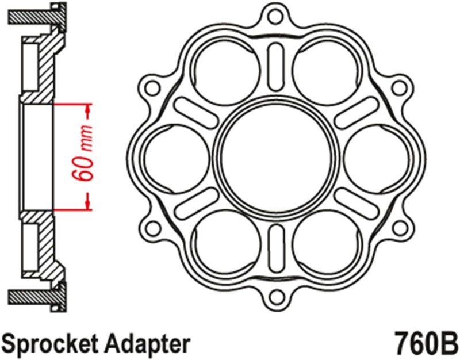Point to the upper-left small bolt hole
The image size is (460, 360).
click(x=152, y=86)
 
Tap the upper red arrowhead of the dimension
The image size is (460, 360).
click(x=87, y=109)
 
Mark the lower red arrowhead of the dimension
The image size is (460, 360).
click(x=87, y=202)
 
